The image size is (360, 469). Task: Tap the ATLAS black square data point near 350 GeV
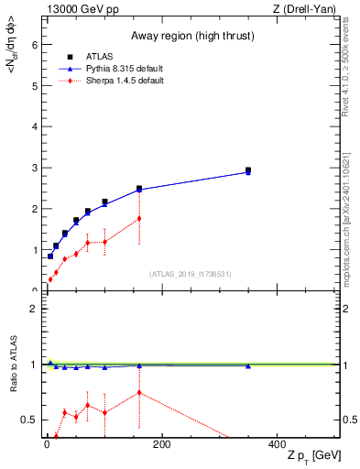point(248,170)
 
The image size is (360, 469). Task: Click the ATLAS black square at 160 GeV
point(139,189)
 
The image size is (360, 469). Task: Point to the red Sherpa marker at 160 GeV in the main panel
point(139,218)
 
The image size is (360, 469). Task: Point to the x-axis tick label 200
point(161,445)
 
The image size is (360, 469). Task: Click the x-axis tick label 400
point(277,445)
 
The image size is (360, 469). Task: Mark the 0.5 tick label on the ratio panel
point(29,420)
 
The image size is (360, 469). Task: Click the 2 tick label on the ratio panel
point(34,309)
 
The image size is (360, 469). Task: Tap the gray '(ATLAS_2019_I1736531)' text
point(190,274)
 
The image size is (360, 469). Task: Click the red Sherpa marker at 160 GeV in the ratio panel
point(139,393)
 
